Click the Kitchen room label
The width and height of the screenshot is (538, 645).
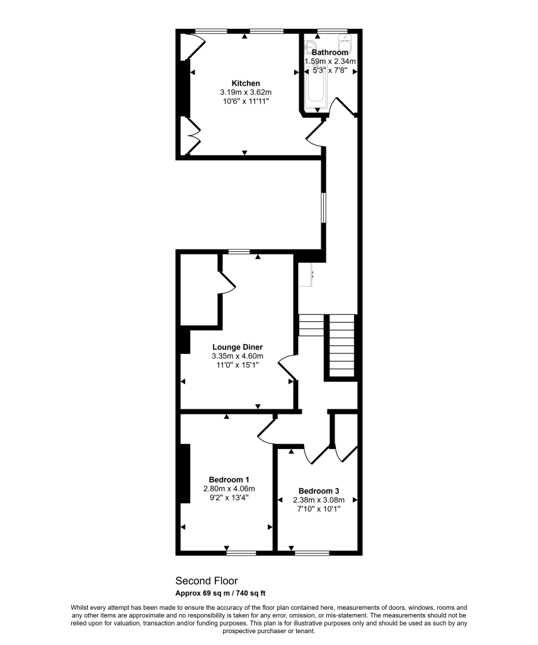tap(245, 83)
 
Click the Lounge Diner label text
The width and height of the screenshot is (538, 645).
tap(237, 347)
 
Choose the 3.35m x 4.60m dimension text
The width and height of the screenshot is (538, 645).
tap(237, 356)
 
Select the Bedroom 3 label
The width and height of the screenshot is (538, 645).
tap(319, 491)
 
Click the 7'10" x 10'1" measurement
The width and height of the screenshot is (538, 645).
tap(319, 509)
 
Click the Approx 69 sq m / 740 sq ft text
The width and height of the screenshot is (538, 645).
tap(220, 593)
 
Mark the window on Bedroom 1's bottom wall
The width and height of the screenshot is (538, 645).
tap(241, 553)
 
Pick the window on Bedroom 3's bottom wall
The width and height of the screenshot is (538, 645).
tap(312, 553)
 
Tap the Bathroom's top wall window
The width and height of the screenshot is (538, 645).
tap(331, 30)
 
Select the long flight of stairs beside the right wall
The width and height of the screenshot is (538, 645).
tap(343, 345)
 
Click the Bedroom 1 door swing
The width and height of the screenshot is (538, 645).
tap(266, 429)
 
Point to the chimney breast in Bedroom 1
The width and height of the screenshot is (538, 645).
tap(186, 473)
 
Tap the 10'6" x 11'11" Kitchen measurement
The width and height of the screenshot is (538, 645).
tap(245, 101)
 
